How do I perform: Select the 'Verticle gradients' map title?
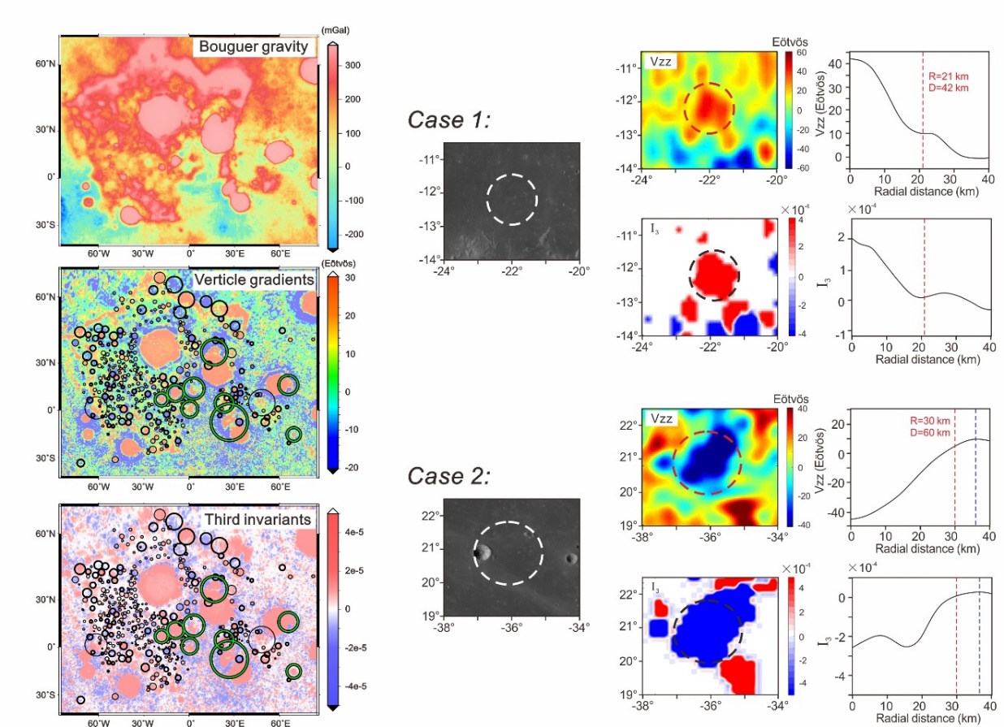(x=253, y=280)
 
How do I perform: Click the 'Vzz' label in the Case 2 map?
(x=660, y=419)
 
